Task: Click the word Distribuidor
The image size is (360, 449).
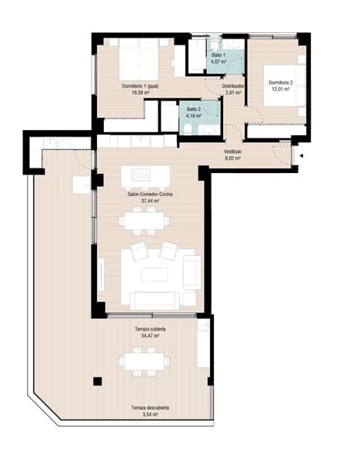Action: click(234, 86)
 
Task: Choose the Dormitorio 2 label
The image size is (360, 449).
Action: click(278, 81)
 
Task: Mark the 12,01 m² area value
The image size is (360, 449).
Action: click(278, 88)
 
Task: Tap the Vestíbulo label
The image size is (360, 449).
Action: click(233, 151)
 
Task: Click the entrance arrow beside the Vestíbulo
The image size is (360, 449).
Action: click(302, 157)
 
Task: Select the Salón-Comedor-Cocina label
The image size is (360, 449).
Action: click(150, 195)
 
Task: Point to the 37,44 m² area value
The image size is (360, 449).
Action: click(150, 201)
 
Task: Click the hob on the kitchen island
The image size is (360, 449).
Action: click(141, 175)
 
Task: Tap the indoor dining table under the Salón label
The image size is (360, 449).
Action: click(145, 221)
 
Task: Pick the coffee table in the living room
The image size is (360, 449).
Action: click(151, 274)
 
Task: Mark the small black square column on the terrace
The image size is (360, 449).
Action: click(97, 381)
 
